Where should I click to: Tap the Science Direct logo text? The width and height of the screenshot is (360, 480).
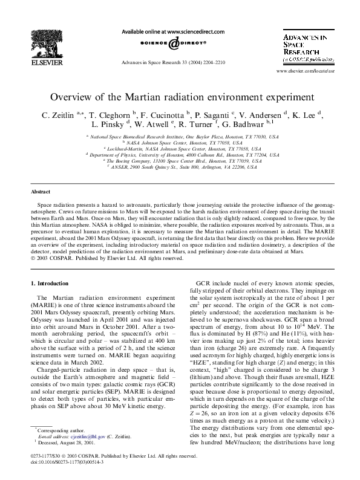point(173,43)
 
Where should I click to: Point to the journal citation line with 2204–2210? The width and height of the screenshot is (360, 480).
point(173,62)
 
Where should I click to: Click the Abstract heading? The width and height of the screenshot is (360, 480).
point(41,192)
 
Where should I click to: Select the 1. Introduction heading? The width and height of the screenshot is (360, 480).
point(53,282)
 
